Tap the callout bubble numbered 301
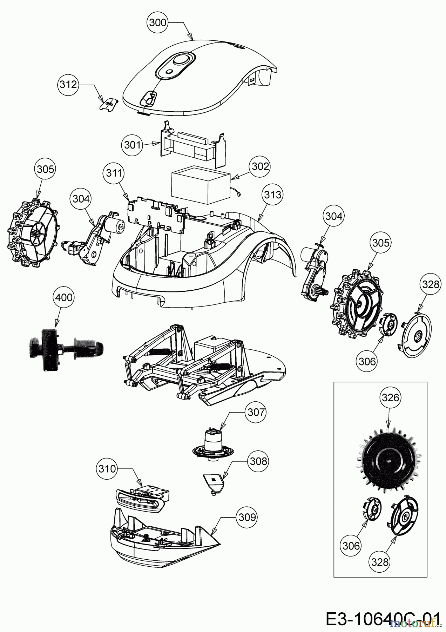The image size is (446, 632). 132,145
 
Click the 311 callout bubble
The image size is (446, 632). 113,173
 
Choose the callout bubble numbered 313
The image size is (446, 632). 272,194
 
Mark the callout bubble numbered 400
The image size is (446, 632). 64,297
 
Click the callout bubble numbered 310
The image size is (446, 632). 107,469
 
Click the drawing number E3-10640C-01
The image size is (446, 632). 382,619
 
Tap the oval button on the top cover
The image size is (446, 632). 180,59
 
